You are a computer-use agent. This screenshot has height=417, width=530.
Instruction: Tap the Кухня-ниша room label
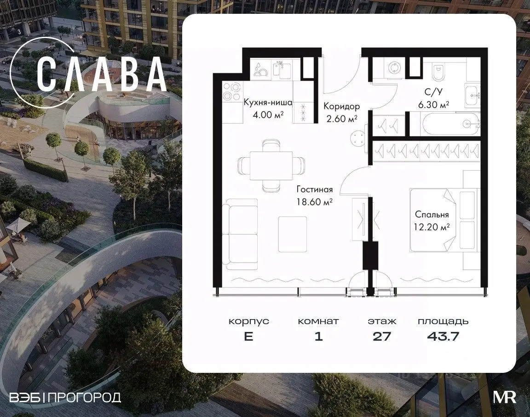tap(268, 103)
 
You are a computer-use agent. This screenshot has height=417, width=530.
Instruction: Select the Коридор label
tap(341, 106)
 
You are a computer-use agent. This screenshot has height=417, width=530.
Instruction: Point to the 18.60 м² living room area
tap(314, 202)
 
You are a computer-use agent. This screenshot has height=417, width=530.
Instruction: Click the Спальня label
tap(432, 215)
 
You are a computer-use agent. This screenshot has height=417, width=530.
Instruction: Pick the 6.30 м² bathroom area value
tap(434, 105)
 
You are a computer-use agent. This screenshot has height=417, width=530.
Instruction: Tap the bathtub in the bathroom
tap(449, 124)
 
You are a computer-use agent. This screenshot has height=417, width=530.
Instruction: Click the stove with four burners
tap(231, 92)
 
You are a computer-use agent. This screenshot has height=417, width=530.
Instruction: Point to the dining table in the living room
tap(271, 166)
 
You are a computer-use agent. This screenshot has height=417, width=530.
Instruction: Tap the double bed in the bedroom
tap(443, 220)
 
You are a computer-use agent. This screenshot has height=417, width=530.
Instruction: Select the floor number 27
tap(382, 336)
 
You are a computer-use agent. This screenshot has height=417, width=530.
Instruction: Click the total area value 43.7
tap(443, 336)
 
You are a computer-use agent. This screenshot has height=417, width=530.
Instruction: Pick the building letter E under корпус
tap(248, 336)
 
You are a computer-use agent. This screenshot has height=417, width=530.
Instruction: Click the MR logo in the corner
tap(505, 397)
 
